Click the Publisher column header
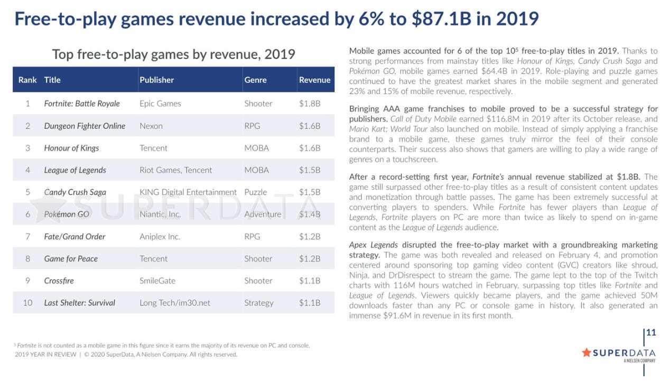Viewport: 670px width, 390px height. click(156, 80)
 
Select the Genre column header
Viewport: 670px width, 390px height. click(255, 80)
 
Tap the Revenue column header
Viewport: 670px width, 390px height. click(314, 80)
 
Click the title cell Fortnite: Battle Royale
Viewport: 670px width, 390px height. click(82, 104)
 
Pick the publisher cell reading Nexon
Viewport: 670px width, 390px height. click(151, 126)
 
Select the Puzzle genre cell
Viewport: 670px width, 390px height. click(255, 192)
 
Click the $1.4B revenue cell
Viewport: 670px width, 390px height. click(310, 215)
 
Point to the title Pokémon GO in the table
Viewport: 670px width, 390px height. click(67, 215)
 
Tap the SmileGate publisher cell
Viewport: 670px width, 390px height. click(157, 281)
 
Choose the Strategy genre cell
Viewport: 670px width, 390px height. click(258, 303)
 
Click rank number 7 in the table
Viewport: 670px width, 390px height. click(27, 237)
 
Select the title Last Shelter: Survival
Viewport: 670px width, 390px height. click(79, 303)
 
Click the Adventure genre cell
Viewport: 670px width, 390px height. click(263, 215)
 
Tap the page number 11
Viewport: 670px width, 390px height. click(651, 332)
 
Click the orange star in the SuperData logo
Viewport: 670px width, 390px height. click(586, 352)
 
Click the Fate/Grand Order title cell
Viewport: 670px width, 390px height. click(75, 237)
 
